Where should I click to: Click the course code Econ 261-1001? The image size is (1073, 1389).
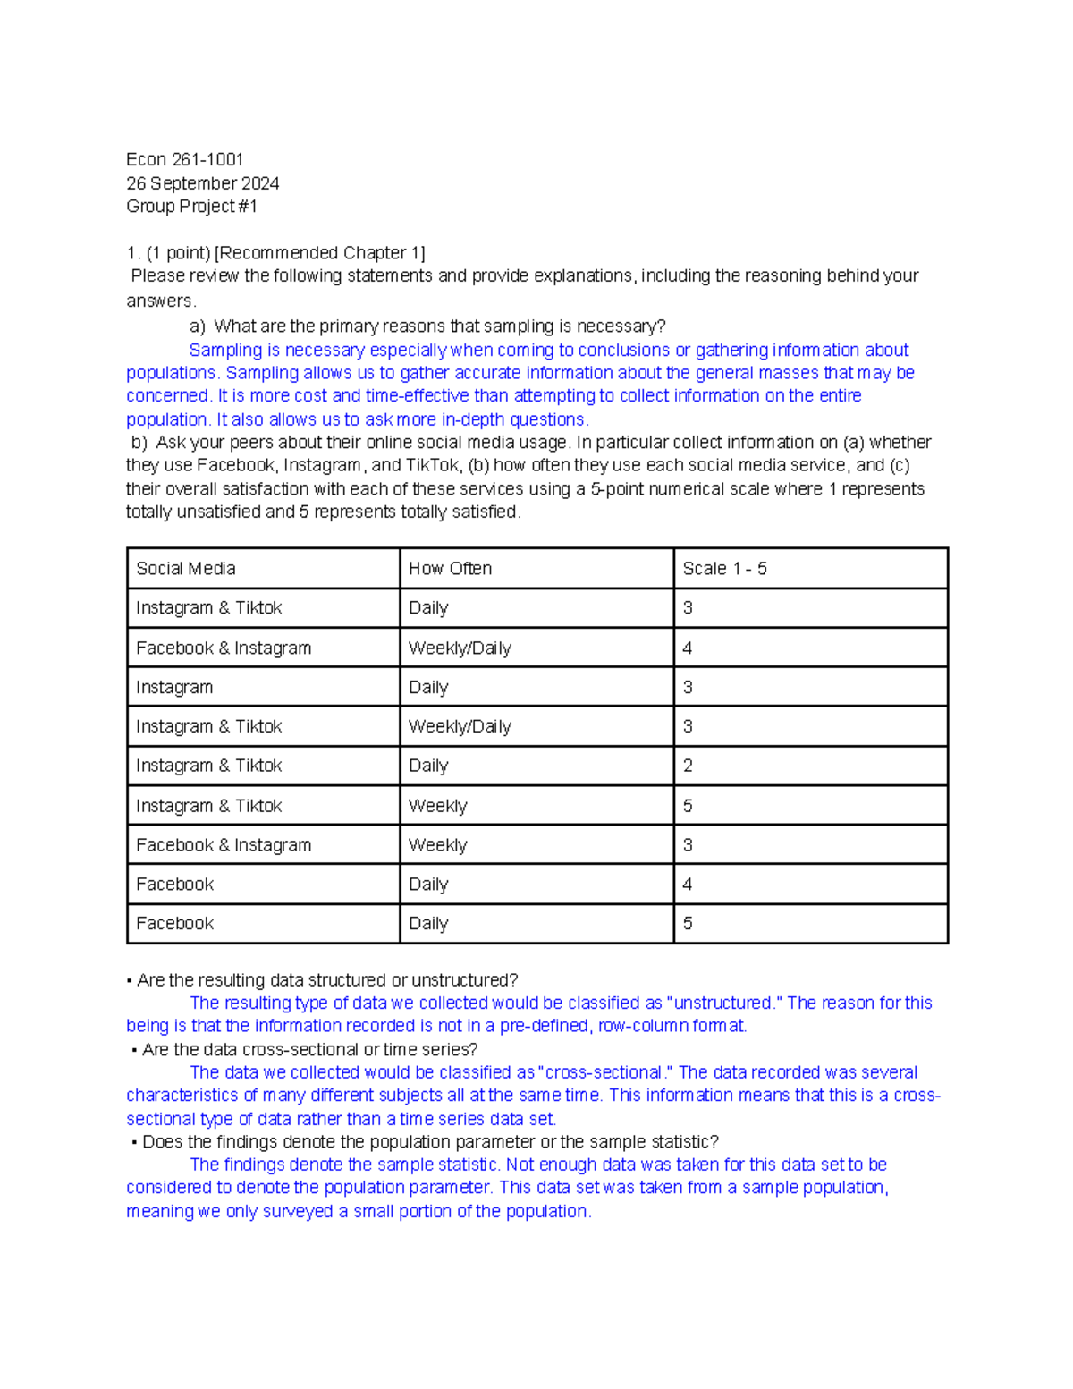pos(184,159)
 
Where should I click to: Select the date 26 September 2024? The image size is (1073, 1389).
pos(202,183)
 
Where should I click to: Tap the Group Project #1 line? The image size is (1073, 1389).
pos(191,207)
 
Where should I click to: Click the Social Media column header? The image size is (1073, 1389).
pos(186,569)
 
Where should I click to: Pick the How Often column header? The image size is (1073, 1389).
pos(450,569)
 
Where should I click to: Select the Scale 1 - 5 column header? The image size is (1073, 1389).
pos(724,569)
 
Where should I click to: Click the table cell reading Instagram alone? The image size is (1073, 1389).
pos(174,688)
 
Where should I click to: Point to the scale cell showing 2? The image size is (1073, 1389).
pos(688,766)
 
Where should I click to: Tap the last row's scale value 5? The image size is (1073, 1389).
pos(688,924)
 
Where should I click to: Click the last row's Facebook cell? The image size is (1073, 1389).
pos(174,924)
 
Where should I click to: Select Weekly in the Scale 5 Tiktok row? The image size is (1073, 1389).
pos(437,806)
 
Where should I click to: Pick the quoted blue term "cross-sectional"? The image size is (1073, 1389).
pos(603,1072)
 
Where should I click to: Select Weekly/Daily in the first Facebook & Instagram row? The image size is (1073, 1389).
pos(460,648)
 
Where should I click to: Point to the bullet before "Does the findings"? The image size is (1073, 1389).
pos(134,1143)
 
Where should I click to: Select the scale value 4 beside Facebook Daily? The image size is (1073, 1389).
pos(688,885)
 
